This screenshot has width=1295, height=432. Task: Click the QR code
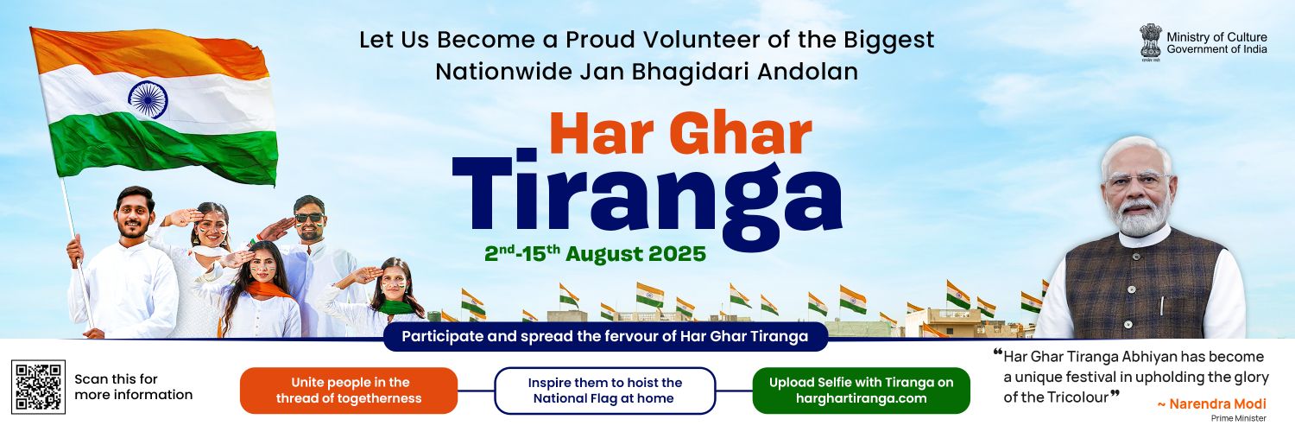39,386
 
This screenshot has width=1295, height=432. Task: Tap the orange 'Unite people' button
349,391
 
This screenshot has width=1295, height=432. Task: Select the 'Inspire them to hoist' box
605,391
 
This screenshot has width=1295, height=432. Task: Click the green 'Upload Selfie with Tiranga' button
861,391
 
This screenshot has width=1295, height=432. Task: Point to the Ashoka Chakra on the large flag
148,99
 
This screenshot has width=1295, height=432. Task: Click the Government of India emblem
1151,41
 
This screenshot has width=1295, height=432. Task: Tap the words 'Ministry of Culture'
1216,36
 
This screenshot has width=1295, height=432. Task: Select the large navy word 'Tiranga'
647,199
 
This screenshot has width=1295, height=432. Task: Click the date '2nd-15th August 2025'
595,254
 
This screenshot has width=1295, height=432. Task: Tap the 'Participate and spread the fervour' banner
604,336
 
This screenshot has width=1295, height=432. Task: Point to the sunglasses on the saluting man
309,218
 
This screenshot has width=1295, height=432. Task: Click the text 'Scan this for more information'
133,387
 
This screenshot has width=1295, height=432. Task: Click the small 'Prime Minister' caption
1242,418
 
